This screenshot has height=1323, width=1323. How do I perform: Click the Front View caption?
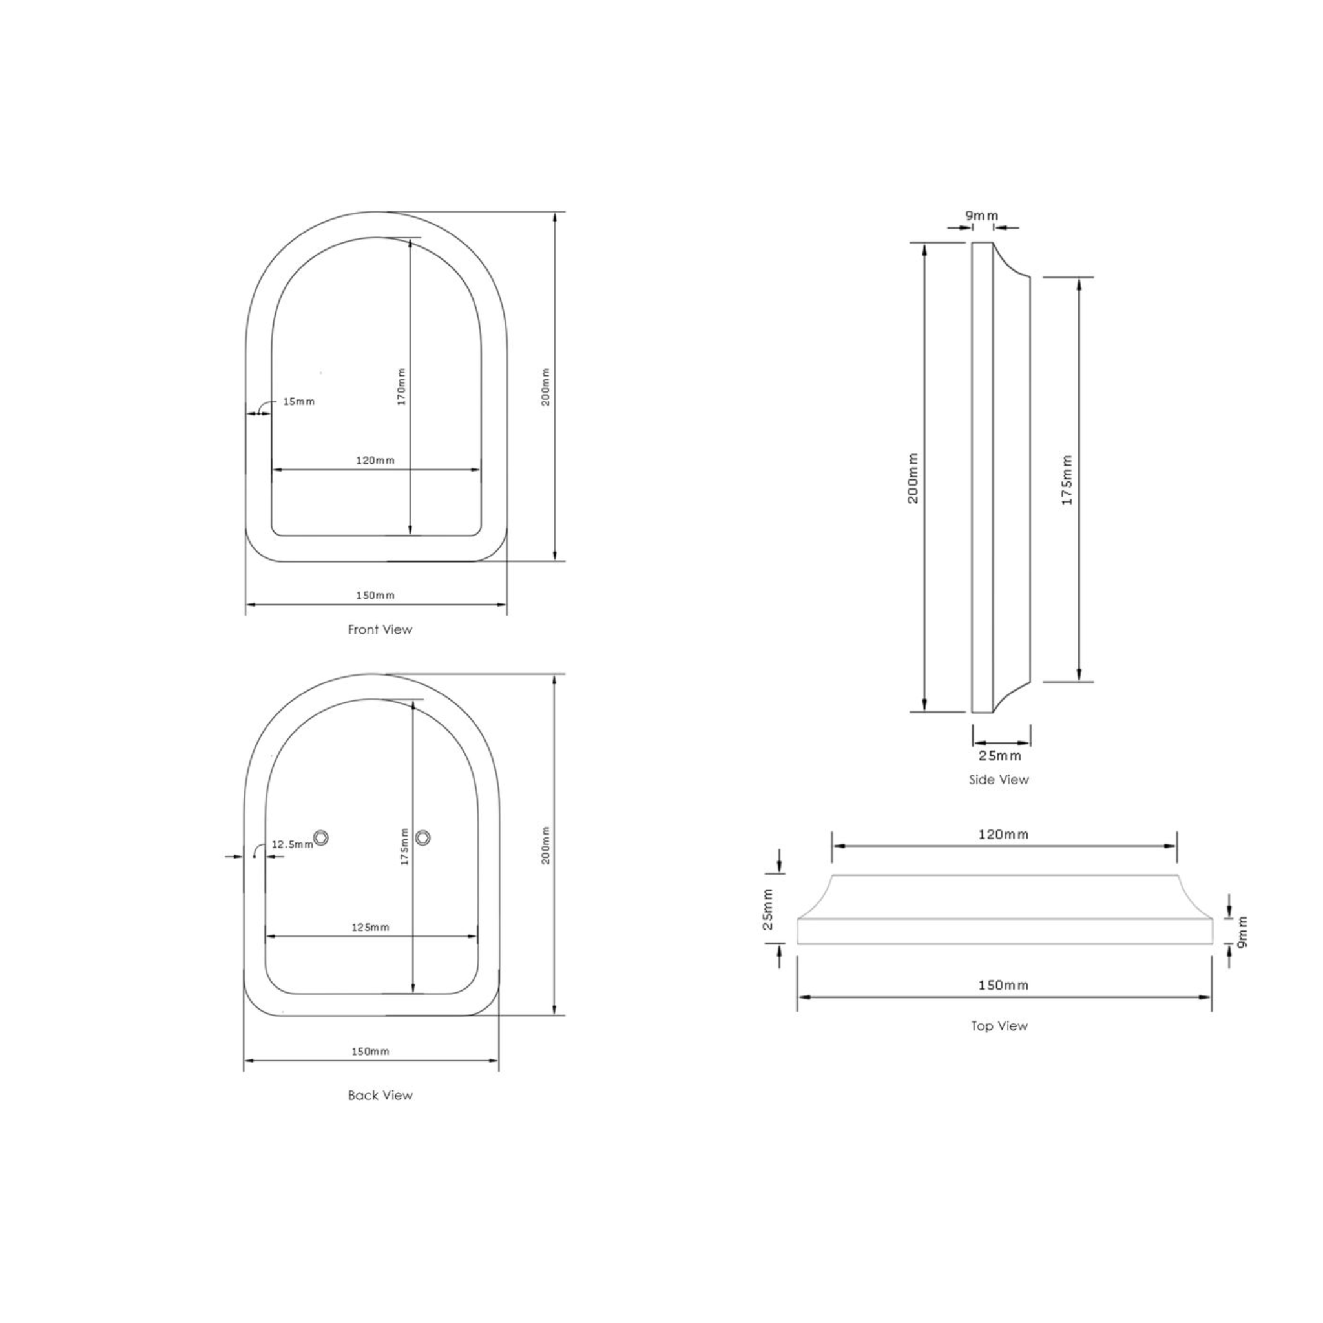(380, 629)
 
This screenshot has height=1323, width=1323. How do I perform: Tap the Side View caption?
(999, 779)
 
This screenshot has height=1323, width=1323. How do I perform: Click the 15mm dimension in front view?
(298, 401)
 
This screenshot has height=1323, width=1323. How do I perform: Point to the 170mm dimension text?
(402, 387)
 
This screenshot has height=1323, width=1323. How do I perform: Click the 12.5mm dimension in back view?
(293, 844)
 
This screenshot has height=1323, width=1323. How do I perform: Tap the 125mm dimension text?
(370, 927)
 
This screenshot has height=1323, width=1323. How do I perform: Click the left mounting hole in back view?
(320, 837)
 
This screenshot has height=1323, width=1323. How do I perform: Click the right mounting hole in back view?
(422, 837)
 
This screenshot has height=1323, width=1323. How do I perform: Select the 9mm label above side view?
(982, 216)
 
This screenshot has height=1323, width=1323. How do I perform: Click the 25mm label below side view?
(1000, 756)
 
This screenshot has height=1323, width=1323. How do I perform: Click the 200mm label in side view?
(913, 478)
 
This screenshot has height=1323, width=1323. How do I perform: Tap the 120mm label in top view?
(1003, 834)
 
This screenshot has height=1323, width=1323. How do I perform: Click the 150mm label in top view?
(1003, 984)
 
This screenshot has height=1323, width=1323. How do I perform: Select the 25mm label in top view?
(768, 910)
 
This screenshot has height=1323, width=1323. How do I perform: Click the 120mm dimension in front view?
(375, 460)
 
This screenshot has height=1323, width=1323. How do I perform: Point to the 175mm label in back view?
(404, 847)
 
